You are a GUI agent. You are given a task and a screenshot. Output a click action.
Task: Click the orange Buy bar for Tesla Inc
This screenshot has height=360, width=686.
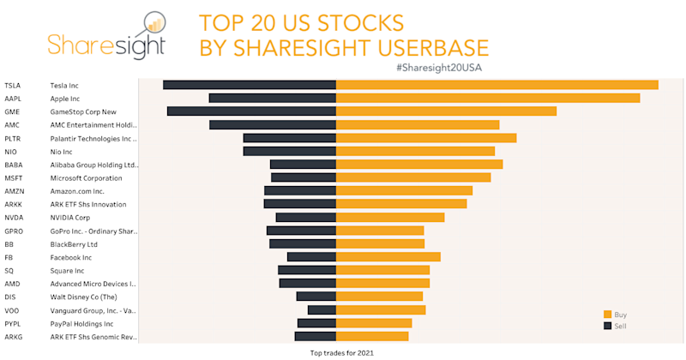pyautogui.click(x=496, y=85)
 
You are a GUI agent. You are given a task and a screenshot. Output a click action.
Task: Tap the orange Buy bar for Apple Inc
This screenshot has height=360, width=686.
pyautogui.click(x=488, y=98)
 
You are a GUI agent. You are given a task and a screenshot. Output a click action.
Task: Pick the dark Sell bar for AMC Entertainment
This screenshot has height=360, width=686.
pyautogui.click(x=273, y=125)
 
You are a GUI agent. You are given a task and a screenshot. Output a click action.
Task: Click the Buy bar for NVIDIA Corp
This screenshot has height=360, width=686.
pyautogui.click(x=390, y=218)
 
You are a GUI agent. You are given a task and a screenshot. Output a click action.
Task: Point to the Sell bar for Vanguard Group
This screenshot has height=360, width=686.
pyautogui.click(x=322, y=310)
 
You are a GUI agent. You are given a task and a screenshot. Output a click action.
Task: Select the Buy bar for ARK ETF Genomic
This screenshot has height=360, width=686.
pyautogui.click(x=372, y=337)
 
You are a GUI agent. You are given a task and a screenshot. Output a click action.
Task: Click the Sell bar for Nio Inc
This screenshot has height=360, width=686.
pyautogui.click(x=290, y=152)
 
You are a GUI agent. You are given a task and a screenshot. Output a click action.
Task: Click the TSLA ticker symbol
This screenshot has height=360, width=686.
pyautogui.click(x=12, y=85)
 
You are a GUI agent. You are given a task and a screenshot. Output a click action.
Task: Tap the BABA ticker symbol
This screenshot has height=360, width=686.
pyautogui.click(x=13, y=165)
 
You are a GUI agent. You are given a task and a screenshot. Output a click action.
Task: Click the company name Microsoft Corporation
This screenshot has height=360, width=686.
pyautogui.click(x=86, y=178)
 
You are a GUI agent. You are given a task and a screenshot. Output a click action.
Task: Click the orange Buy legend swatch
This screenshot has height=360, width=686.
pyautogui.click(x=607, y=315)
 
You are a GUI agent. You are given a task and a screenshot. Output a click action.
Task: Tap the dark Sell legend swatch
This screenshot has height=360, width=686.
pyautogui.click(x=607, y=326)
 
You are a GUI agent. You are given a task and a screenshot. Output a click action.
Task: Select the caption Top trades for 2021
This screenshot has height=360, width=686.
pyautogui.click(x=342, y=352)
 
